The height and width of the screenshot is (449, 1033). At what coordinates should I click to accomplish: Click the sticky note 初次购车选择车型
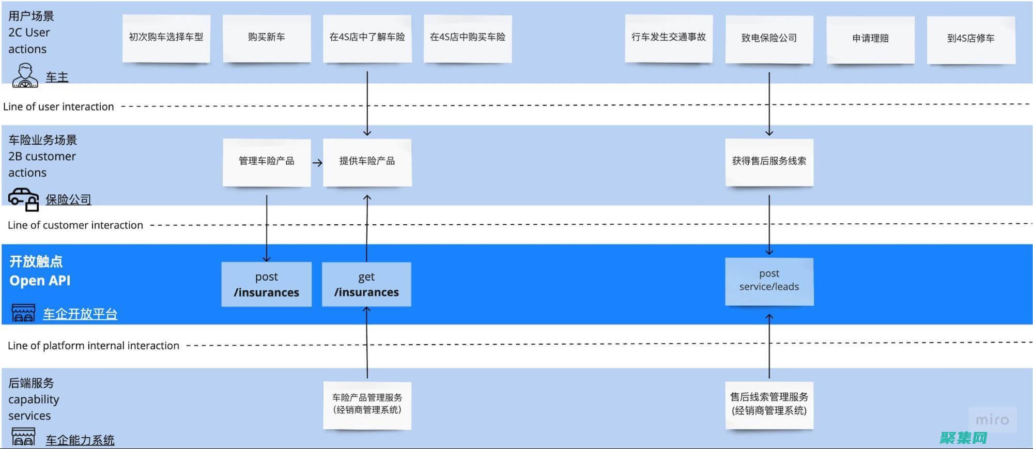[x=166, y=38]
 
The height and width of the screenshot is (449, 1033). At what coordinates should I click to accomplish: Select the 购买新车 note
[x=267, y=38]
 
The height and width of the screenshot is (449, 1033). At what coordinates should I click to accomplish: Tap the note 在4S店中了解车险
[x=367, y=38]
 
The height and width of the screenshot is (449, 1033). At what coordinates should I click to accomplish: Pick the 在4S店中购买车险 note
[x=468, y=38]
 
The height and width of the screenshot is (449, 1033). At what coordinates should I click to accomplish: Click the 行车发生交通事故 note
[x=669, y=38]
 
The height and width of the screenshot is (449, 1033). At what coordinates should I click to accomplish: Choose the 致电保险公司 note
[x=769, y=39]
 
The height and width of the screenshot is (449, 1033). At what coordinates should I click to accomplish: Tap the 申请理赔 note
[x=870, y=39]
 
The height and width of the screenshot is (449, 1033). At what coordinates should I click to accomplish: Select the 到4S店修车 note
[x=970, y=39]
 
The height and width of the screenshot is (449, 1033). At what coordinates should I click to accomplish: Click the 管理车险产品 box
[x=267, y=161]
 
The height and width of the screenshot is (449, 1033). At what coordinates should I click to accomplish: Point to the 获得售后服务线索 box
[x=769, y=161]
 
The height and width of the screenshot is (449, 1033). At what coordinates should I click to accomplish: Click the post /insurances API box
[x=267, y=284]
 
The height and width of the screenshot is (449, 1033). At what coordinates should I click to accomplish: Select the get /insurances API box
[x=366, y=284]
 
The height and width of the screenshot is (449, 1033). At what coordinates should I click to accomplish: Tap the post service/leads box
[x=769, y=281]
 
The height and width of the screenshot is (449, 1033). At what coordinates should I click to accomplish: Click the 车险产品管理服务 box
[x=367, y=404]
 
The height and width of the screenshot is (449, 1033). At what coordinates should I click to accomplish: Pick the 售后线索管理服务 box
[x=769, y=404]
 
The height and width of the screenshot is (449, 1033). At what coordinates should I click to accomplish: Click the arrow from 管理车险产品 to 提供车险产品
[x=317, y=163]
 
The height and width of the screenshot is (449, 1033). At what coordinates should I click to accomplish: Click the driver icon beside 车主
[x=25, y=75]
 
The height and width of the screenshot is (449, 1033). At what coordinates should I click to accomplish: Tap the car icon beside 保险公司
[x=24, y=199]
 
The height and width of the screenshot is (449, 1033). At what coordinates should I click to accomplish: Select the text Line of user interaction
[x=58, y=107]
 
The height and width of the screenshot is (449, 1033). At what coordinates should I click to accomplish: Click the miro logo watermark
[x=992, y=420]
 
